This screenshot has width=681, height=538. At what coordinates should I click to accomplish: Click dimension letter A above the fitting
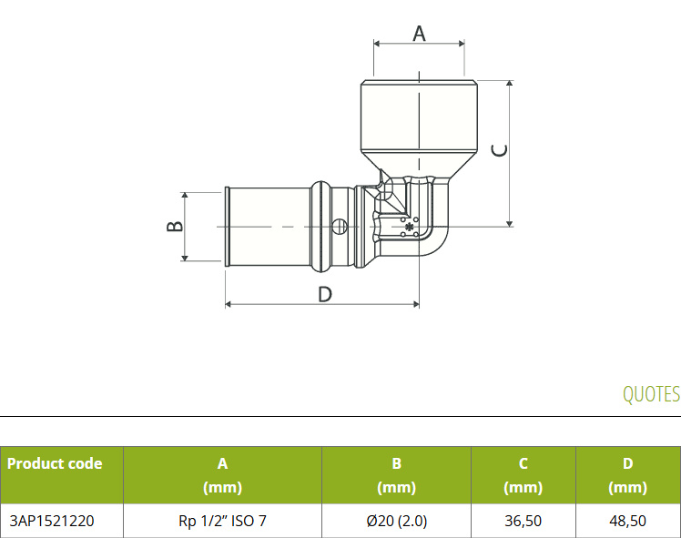(419, 34)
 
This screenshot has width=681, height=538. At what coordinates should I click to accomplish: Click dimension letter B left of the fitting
(175, 227)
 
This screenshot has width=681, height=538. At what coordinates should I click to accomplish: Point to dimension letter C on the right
(499, 150)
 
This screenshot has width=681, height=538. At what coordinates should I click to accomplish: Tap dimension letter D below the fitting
(325, 294)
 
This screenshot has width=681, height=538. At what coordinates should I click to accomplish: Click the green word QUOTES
(651, 394)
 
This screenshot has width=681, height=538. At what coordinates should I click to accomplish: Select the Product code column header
(55, 463)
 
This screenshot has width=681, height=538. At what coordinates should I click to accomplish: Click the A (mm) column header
(222, 475)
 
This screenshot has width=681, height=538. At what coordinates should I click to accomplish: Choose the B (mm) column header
(397, 475)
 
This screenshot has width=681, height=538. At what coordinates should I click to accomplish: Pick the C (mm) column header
(523, 475)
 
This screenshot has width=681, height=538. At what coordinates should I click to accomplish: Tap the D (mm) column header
(627, 475)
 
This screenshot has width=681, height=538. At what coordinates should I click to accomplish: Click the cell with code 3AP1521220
(52, 521)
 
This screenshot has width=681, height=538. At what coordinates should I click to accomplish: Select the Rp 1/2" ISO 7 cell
(222, 521)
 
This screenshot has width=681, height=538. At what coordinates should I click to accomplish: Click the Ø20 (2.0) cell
(397, 521)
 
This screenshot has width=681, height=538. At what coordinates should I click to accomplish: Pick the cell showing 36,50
(523, 521)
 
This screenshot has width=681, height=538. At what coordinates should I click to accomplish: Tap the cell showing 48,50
(627, 521)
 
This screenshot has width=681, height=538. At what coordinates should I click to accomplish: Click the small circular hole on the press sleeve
(340, 227)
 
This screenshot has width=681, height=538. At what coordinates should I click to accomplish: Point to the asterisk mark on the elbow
(409, 227)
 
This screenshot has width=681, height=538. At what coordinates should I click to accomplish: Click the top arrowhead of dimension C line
(510, 84)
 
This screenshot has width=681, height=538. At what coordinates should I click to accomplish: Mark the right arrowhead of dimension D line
(416, 304)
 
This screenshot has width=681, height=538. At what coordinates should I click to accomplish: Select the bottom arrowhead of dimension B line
(185, 258)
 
